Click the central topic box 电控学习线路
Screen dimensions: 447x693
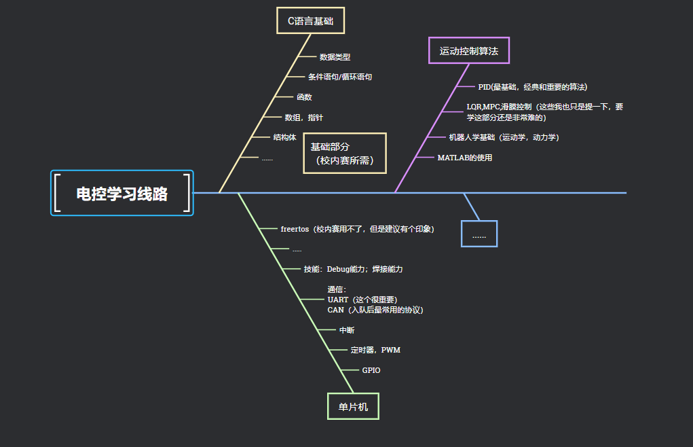pos(122,194)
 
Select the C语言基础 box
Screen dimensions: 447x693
pos(310,20)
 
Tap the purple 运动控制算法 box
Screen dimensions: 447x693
pos(469,50)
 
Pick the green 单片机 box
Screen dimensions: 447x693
pos(353,406)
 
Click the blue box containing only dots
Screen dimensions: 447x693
pos(479,234)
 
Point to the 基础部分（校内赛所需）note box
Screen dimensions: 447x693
pos(344,154)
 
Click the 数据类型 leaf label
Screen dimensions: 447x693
pos(335,57)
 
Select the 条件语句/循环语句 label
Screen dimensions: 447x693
pos(339,77)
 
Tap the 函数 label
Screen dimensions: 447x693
pos(304,97)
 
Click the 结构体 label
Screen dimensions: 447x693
pos(284,137)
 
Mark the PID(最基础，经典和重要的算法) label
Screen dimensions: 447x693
pos(532,87)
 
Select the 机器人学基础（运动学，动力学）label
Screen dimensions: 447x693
pos(504,137)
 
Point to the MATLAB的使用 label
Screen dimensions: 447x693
pos(464,158)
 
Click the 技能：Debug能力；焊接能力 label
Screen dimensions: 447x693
pos(353,269)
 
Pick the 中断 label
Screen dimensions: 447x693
pos(346,330)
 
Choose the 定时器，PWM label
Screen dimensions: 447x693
pos(375,350)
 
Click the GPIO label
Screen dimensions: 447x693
pos(371,370)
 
